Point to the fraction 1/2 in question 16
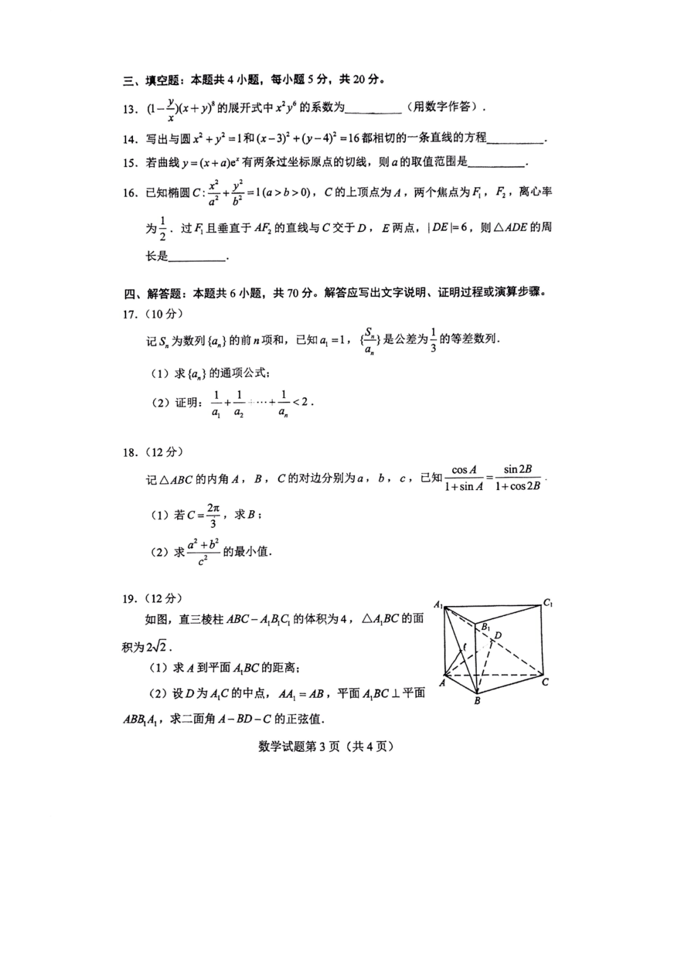162,228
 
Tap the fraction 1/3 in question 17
433,340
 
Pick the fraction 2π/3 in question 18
213,515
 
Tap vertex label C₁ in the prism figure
548,603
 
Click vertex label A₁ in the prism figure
438,605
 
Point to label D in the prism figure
498,635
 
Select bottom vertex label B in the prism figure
477,701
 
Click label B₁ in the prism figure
486,627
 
